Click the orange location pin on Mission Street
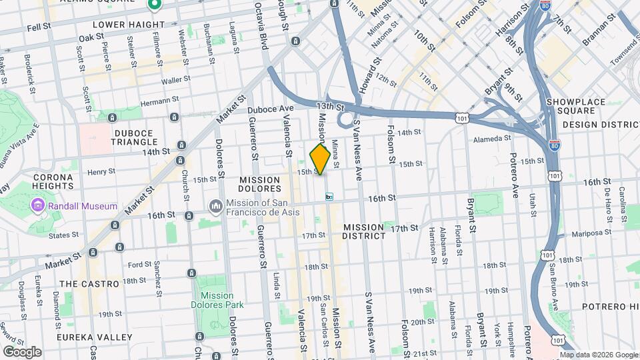(320, 159)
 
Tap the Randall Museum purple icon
(37, 206)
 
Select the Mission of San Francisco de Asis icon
(216, 207)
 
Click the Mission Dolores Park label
(217, 300)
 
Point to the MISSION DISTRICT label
(365, 231)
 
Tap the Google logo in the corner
(22, 351)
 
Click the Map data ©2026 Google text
(599, 355)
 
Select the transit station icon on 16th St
(329, 197)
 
